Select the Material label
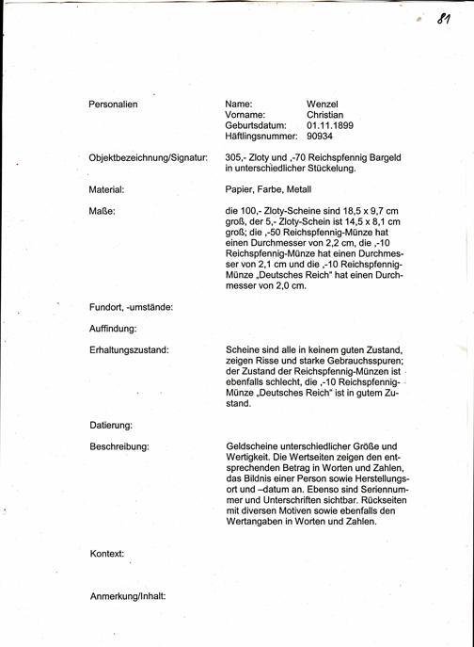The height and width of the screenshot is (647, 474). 107,189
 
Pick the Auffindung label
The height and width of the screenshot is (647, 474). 114,328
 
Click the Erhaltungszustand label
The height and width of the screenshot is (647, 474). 129,349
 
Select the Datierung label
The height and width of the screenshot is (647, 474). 111,425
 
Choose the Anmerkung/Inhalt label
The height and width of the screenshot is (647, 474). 127,596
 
